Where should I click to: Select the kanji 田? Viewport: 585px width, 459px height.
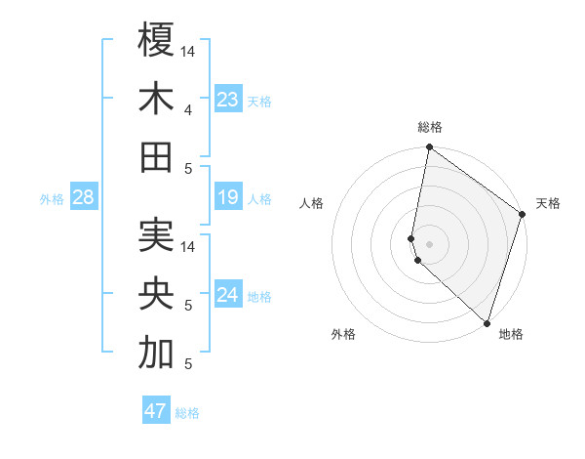click(156, 156)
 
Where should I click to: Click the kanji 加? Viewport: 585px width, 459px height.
click(156, 354)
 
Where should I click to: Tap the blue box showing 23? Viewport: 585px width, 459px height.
click(227, 100)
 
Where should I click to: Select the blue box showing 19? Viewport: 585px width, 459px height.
click(227, 198)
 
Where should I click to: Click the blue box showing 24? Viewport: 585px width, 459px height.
click(227, 296)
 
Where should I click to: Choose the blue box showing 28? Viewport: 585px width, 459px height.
click(84, 198)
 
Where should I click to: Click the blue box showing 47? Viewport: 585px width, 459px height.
click(156, 411)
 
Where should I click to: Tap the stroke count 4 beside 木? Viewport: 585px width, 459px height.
click(187, 110)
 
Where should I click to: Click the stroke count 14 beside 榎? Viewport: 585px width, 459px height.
click(189, 51)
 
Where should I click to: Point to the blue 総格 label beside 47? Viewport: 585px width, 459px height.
click(187, 412)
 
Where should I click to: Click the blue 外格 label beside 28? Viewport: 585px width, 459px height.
click(52, 199)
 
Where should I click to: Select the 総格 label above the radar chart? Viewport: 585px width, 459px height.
click(430, 127)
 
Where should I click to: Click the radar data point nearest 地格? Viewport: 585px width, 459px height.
click(486, 323)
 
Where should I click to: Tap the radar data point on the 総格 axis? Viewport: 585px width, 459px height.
click(429, 148)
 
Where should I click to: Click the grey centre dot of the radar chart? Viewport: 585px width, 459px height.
click(429, 243)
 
